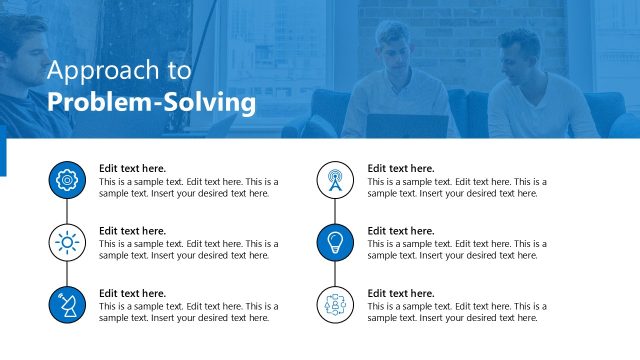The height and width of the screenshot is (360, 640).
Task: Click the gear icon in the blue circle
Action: [x=67, y=180]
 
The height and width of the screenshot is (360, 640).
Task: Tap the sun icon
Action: [x=67, y=241]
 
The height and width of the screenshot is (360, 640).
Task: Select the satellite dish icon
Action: [x=67, y=303]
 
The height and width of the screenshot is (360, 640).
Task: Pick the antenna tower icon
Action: [x=335, y=180]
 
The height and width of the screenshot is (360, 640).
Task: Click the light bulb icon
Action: [x=335, y=241]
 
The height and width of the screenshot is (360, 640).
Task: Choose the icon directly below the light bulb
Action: [x=335, y=303]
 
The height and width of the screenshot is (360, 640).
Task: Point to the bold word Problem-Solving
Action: [x=151, y=102]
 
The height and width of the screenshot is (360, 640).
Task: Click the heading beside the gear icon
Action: [x=132, y=168]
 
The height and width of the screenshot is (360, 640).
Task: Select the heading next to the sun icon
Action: [x=132, y=231]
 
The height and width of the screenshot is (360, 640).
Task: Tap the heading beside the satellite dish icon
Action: [x=132, y=293]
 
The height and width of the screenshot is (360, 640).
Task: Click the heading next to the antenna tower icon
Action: [x=400, y=168]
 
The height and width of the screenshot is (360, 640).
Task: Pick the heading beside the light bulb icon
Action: [x=400, y=231]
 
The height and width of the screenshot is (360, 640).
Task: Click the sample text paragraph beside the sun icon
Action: [x=188, y=249]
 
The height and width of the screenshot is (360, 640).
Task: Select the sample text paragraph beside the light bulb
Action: [x=456, y=249]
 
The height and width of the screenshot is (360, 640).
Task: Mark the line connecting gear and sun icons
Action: [x=67, y=211]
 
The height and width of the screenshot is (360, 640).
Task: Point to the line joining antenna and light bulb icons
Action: [x=335, y=211]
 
